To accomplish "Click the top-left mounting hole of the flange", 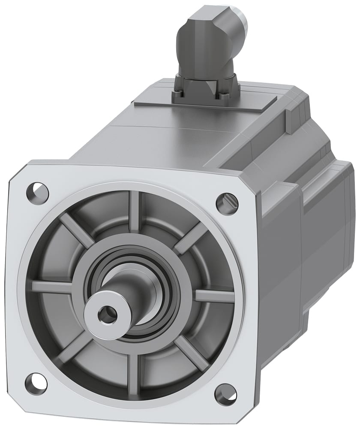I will (x=38, y=189).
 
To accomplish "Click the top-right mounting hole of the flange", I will (x=226, y=201).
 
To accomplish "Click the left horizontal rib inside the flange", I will (x=51, y=286).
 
